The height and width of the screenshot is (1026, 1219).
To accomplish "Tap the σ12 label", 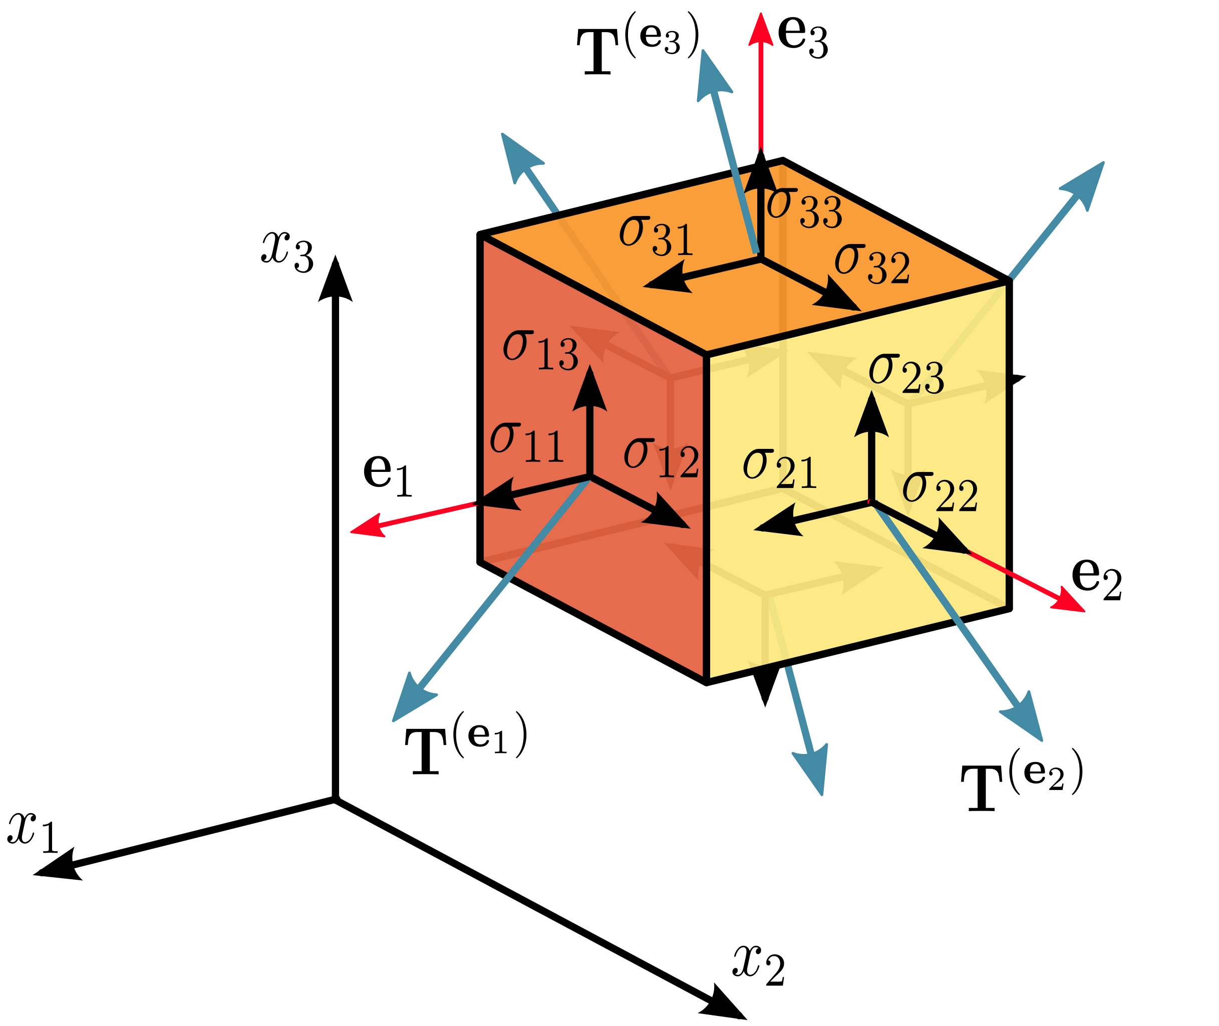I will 661,459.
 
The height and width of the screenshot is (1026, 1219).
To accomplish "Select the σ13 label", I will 540,351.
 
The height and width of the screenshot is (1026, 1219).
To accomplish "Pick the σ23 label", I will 905,374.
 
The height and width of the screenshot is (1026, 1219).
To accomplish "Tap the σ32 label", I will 872,265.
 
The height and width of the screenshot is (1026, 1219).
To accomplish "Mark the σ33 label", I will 804,209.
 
